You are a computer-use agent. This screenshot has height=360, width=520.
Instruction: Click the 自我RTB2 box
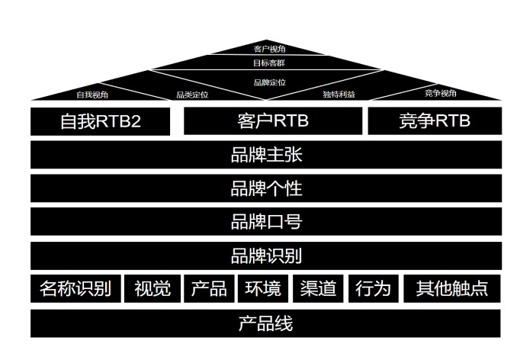coord(101,121)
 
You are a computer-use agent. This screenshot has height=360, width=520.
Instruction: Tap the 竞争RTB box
coord(435,121)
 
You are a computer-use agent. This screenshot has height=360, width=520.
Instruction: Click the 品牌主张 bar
coord(266,155)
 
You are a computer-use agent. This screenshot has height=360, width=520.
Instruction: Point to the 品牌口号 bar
coord(266,222)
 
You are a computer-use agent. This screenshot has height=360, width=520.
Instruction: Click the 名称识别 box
coord(75,289)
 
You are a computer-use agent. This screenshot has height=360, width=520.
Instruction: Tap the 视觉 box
coord(152,289)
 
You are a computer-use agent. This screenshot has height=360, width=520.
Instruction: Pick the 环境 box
coord(262,289)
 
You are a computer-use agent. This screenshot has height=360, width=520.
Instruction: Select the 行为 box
coord(373,289)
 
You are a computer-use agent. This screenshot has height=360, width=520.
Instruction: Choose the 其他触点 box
coord(452,289)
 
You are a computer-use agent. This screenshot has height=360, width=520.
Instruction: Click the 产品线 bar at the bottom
coord(266,323)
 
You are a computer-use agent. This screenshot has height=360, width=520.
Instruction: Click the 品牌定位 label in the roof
coord(269,82)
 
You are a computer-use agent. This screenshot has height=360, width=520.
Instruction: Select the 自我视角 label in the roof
coord(92,95)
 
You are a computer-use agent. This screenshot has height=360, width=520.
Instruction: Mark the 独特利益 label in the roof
coord(339,95)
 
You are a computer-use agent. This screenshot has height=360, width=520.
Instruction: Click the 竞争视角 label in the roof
coord(441,93)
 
